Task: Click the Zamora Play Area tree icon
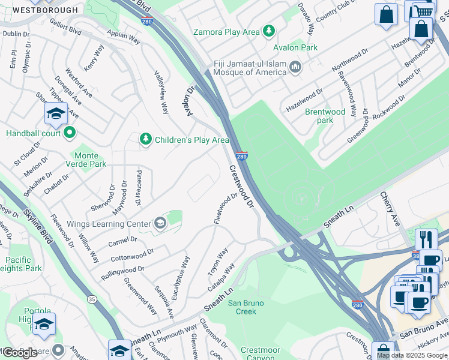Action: [270, 31]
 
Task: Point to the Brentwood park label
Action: [325, 116]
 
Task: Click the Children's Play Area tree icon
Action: [145, 139]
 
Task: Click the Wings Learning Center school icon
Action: [160, 224]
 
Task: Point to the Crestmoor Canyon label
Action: [261, 354]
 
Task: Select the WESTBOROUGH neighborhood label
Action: [46, 10]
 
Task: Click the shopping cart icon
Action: [425, 11]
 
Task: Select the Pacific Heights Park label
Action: [22, 264]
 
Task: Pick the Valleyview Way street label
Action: [161, 91]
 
